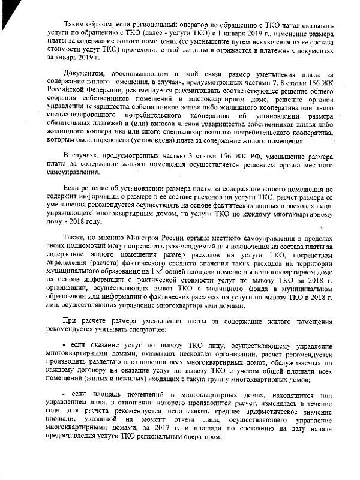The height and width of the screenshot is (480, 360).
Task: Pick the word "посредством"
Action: pyautogui.click(x=314, y=265)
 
